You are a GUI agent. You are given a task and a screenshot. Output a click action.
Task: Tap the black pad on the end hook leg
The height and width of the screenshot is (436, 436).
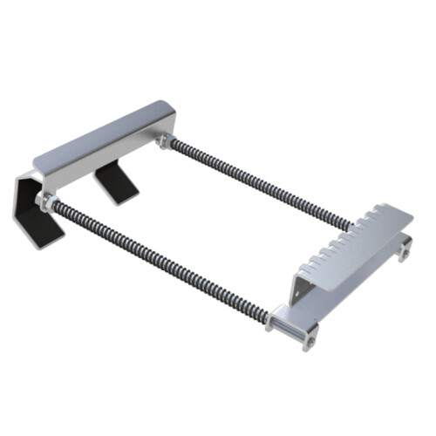tap(33, 217)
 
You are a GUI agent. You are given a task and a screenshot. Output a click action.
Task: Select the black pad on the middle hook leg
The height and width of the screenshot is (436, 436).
tap(114, 182)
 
